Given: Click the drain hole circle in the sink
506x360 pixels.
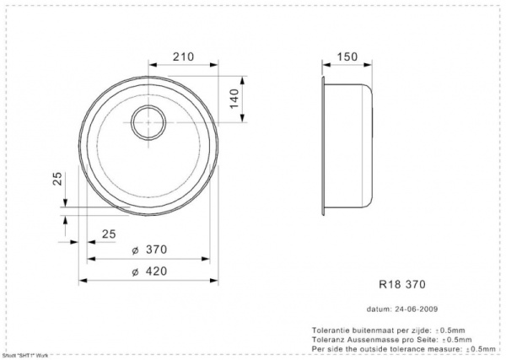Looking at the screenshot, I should coord(148,122).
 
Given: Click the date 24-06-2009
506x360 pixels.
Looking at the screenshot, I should coord(417,309).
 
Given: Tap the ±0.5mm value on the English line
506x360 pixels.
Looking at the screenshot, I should coord(481,347).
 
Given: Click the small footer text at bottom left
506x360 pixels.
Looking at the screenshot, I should coord(25,356).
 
